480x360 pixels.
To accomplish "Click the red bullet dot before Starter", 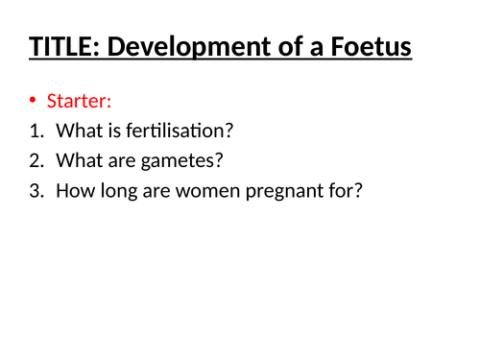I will pos(34,102).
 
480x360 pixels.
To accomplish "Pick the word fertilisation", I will pos(180,131).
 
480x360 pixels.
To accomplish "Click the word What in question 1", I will pos(79,131).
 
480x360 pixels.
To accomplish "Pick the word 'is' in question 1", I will pos(114,131).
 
